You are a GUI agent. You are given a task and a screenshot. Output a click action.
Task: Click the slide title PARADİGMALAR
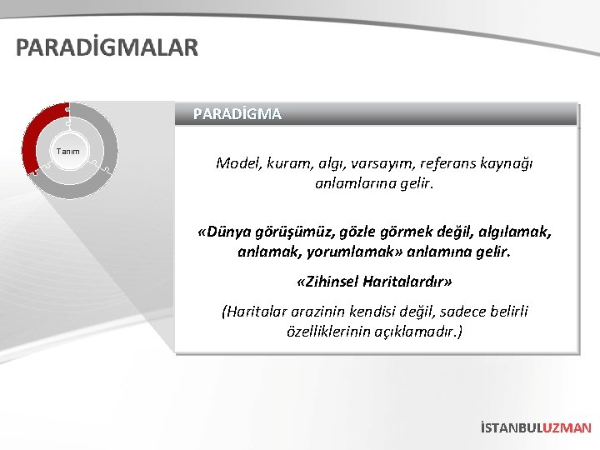(107, 47)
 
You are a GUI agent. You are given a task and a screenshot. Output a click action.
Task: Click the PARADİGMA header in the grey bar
(237, 114)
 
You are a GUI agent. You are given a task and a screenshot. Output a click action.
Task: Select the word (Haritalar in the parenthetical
(252, 312)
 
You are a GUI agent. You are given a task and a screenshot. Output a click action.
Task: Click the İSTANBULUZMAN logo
(536, 428)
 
